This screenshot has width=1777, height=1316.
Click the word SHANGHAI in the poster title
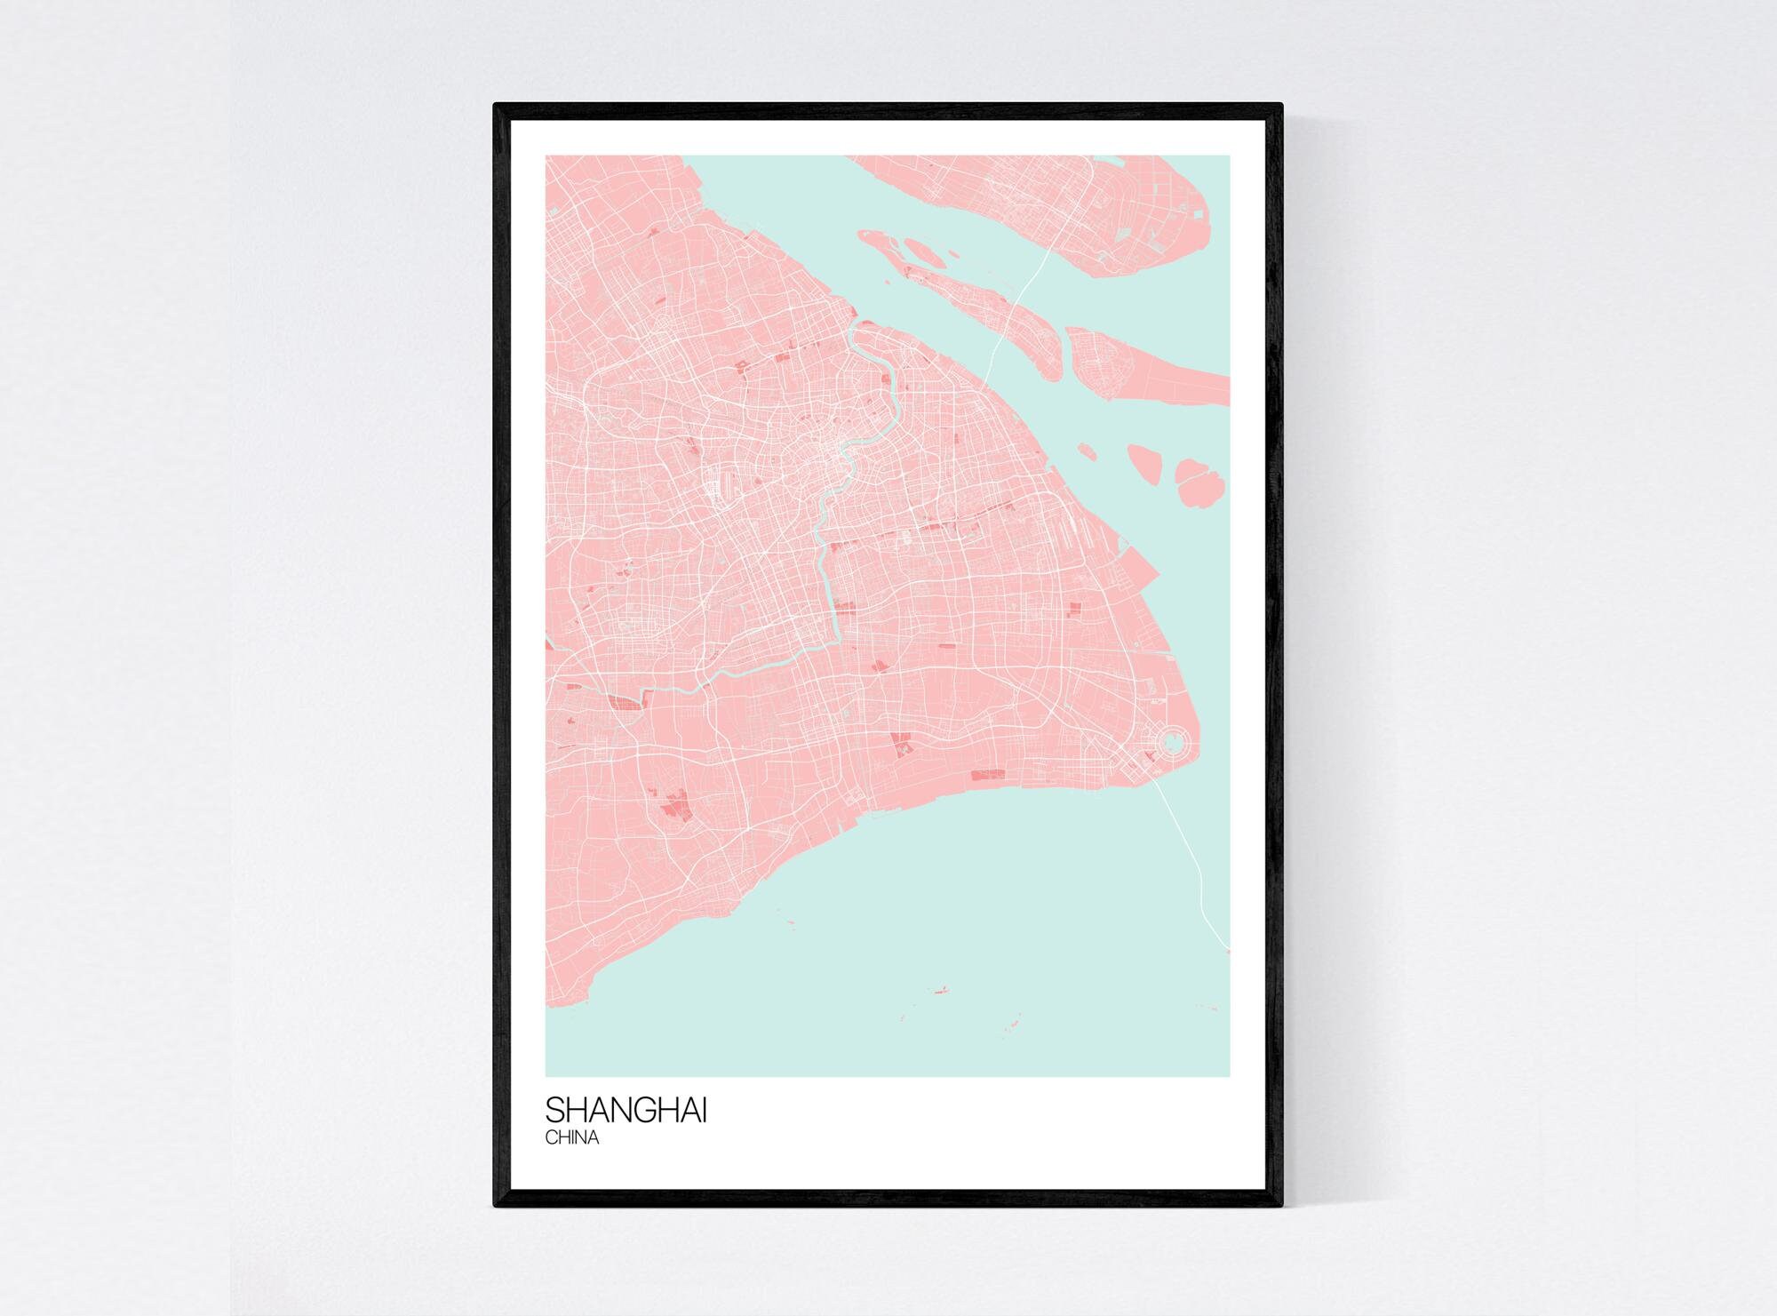pos(626,1112)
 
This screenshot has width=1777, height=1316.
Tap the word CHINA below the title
pos(572,1138)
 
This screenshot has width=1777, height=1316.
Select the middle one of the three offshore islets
pos(1143,463)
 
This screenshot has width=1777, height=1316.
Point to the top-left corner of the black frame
pos(496,106)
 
